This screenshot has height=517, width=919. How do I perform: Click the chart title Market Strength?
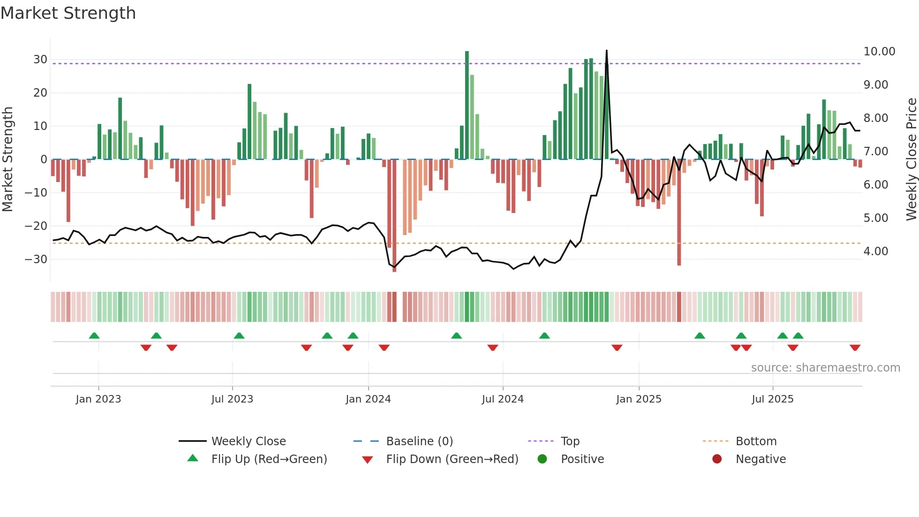[68, 13]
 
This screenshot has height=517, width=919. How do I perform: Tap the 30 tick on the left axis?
[40, 60]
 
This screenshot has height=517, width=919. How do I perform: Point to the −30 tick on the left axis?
[37, 259]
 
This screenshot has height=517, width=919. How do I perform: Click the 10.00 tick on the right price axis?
[879, 52]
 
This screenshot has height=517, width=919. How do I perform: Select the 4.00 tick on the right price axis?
[876, 251]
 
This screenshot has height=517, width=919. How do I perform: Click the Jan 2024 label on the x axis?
[368, 399]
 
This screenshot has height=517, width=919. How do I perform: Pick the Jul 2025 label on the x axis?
[772, 399]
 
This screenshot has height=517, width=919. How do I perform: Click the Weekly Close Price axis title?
[911, 159]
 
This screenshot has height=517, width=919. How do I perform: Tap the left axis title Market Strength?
[8, 159]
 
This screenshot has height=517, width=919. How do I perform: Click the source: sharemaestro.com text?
[825, 368]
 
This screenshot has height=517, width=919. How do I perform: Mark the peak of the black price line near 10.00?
[607, 51]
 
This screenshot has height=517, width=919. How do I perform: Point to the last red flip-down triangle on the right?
[855, 348]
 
